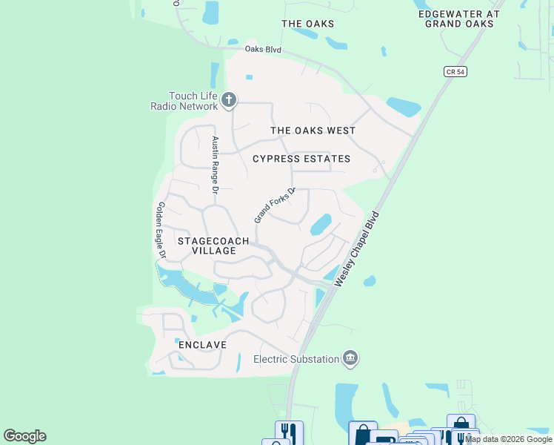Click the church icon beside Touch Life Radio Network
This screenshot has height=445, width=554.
pyautogui.click(x=230, y=99)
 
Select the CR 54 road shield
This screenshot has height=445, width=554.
pyautogui.click(x=455, y=71)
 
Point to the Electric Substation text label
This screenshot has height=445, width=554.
pyautogui.click(x=296, y=360)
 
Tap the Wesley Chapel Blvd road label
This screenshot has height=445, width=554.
pyautogui.click(x=357, y=249)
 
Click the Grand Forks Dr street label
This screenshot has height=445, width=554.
pyautogui.click(x=275, y=205)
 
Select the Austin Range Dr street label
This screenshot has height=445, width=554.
pyautogui.click(x=216, y=165)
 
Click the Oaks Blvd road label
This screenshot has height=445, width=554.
pyautogui.click(x=263, y=50)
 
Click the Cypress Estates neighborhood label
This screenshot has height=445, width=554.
pyautogui.click(x=301, y=159)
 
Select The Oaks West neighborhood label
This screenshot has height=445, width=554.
pyautogui.click(x=313, y=131)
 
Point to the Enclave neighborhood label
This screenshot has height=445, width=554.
pyautogui.click(x=201, y=346)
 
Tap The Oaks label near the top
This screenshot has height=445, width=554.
pyautogui.click(x=307, y=24)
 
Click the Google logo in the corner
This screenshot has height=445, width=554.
pyautogui.click(x=24, y=436)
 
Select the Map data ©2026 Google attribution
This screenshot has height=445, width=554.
pyautogui.click(x=509, y=439)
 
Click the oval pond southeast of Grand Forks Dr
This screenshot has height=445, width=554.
pyautogui.click(x=320, y=224)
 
